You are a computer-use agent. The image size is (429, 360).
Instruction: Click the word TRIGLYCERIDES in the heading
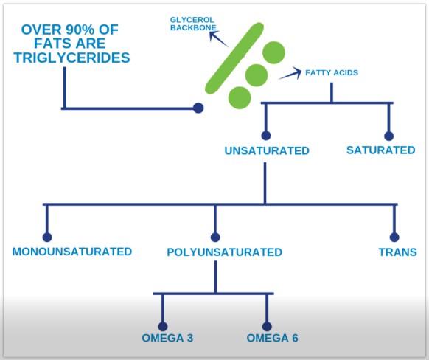(71, 58)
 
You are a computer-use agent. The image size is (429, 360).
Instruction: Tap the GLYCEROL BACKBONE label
(193, 24)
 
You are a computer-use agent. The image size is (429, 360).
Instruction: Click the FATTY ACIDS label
(332, 72)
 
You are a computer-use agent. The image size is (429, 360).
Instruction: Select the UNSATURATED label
(267, 150)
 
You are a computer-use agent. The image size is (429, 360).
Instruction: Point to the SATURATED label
(381, 150)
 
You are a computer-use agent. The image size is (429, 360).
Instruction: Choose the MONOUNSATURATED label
(72, 252)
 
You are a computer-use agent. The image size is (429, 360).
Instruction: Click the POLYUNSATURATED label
(224, 252)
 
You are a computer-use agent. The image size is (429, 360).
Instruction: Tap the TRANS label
(397, 252)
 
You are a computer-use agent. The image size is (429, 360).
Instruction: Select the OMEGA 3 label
(167, 338)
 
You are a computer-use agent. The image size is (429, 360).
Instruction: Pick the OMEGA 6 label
(272, 338)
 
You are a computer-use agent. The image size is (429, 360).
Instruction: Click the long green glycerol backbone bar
(234, 58)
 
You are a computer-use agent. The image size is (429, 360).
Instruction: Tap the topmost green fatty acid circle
(273, 52)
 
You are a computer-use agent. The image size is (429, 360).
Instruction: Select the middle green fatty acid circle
(257, 75)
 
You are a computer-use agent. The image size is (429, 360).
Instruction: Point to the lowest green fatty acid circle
(240, 97)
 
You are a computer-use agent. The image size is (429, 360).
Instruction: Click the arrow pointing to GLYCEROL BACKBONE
(218, 38)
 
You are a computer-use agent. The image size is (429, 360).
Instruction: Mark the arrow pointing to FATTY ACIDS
(290, 73)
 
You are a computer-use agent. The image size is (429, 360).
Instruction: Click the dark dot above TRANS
(394, 237)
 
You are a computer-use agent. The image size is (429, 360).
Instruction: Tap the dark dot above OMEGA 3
(163, 326)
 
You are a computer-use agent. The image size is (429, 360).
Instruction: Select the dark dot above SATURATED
(388, 136)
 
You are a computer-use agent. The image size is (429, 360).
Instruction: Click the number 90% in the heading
(80, 30)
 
